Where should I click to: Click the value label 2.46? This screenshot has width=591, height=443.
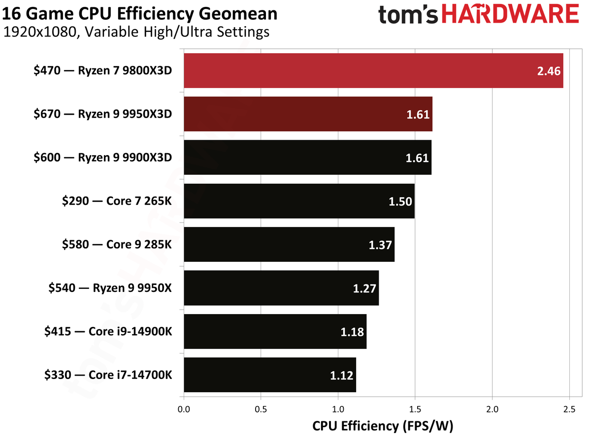tap(549, 71)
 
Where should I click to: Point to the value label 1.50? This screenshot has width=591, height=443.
tap(400, 201)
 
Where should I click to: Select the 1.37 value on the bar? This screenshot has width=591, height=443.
tap(380, 245)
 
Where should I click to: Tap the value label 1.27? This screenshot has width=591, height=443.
tap(364, 288)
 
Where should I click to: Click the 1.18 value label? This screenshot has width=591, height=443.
tap(352, 332)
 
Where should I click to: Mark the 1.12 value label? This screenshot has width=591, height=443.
tap(342, 376)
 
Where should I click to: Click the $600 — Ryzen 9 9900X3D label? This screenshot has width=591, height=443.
tap(103, 157)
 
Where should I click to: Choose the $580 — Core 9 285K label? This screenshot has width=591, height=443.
tap(117, 244)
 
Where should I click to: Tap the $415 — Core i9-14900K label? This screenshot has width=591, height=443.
tap(108, 331)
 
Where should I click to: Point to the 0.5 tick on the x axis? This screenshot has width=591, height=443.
tap(261, 409)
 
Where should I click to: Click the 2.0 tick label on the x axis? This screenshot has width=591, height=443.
tap(492, 409)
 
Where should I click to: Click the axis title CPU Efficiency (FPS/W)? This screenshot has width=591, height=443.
tap(382, 426)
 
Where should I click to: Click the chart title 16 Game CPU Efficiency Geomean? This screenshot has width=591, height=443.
tap(140, 13)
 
